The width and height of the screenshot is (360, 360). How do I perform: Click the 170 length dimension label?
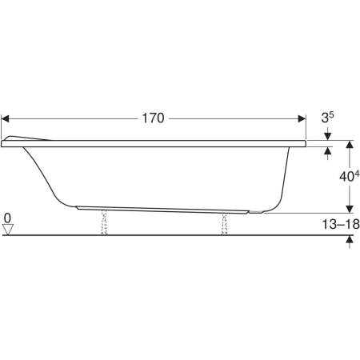point(153,118)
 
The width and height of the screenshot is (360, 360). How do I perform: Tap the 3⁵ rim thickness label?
point(328,118)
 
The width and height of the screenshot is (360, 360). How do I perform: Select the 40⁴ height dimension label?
point(349,176)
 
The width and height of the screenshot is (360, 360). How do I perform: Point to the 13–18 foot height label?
point(341,224)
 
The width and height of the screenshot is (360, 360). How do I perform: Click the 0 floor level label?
point(7,218)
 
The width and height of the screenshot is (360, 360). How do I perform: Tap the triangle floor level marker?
point(8,230)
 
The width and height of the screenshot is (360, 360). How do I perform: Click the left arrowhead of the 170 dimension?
point(5,118)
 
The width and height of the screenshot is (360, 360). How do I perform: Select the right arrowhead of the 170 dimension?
point(302,118)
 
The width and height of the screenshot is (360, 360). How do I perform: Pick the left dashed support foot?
point(104,222)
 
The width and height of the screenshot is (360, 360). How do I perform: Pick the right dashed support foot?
point(225,224)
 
